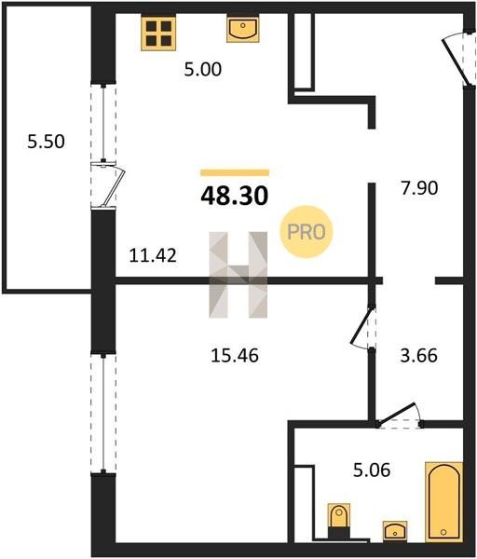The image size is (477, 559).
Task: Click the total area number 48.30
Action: point(235,196)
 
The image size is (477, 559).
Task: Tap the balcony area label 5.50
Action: point(46,142)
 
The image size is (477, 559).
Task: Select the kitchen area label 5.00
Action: point(203,69)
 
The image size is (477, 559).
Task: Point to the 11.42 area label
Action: point(153,255)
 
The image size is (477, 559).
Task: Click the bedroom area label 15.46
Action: point(235,356)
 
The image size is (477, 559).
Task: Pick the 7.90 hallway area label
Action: point(419,188)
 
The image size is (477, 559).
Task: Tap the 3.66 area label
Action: point(418,356)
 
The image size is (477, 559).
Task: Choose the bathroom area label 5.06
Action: point(372,470)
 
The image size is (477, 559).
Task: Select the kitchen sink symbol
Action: point(243,30)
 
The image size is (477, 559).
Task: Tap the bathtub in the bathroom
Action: point(443,502)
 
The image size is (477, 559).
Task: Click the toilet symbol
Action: point(339,521)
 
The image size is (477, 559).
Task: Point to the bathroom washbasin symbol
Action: point(395,530)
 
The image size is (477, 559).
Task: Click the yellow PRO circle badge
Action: point(307,232)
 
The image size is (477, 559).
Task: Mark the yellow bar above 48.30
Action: point(235,173)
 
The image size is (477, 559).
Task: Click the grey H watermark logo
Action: point(238,275)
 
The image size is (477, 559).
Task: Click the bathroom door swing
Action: point(399,416)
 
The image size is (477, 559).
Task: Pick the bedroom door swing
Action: point(362,326)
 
